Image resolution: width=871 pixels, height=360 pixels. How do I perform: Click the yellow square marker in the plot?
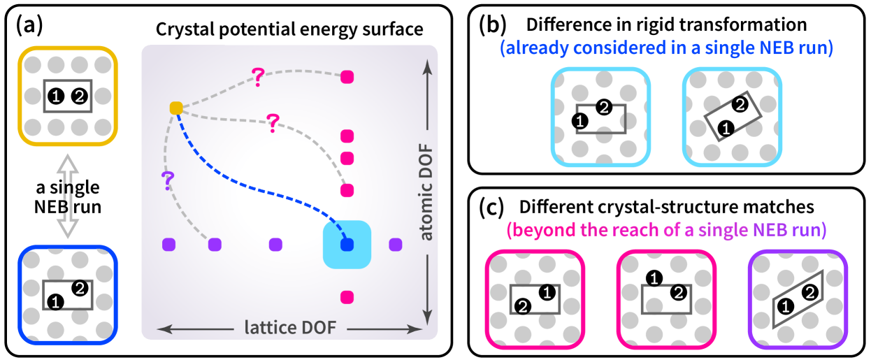[176, 108]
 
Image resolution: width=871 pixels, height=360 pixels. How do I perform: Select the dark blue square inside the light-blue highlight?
[347, 245]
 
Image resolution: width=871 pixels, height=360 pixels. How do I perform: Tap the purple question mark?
[167, 180]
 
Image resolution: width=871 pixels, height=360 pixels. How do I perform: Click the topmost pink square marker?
[347, 77]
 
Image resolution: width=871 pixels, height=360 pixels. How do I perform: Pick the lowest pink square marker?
[347, 298]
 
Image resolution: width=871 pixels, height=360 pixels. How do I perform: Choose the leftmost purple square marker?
[168, 245]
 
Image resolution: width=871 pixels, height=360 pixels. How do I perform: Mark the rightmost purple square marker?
[396, 245]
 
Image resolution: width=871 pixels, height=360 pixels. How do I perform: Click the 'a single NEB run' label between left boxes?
[68, 197]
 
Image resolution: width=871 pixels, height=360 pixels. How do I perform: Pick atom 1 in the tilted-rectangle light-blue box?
[726, 127]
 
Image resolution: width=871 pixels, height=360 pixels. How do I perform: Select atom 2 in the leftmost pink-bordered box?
[521, 305]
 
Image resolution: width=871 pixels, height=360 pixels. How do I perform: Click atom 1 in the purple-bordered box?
[785, 305]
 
